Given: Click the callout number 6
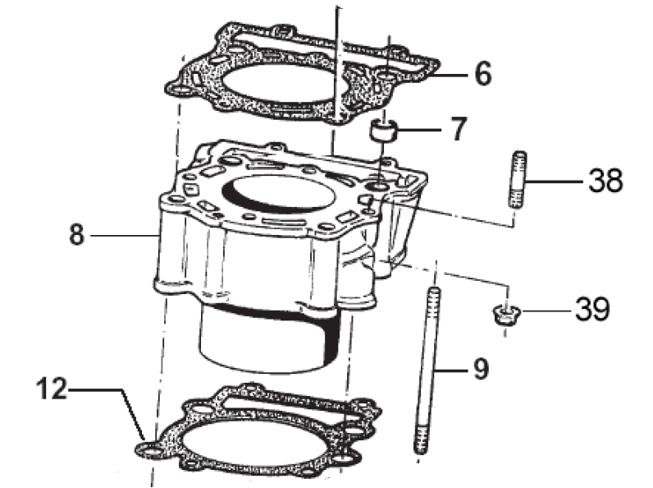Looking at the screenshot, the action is [482, 73].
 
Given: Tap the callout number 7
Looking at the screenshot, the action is [459, 128].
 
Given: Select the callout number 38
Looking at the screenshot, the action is [605, 180].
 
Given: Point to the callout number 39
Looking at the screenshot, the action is [592, 309].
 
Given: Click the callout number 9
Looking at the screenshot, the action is [481, 368].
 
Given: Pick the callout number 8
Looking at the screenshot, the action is [77, 234].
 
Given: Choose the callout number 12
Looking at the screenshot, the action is [51, 389].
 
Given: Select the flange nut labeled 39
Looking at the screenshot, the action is [505, 315].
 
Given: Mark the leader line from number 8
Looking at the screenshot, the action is [125, 236].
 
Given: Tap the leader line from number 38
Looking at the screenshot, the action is [555, 182].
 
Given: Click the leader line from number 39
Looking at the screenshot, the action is [547, 311].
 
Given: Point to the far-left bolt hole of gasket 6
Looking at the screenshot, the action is [180, 90].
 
